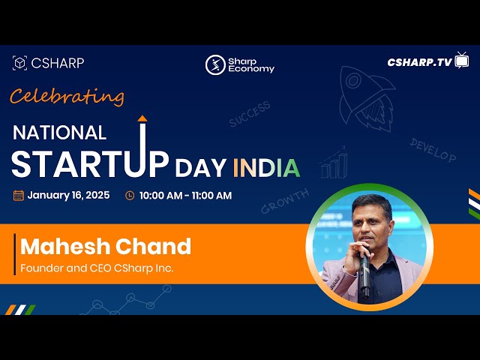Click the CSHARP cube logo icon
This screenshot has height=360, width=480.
pos(20,64)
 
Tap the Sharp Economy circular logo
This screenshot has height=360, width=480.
pos(215,64)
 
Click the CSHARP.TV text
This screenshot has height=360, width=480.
pos(419,63)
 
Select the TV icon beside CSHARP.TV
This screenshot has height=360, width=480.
pos(462,61)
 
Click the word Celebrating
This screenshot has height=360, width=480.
pos(67,97)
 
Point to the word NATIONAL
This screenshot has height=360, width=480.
pos(60,133)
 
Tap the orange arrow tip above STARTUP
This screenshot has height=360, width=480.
pos(142,118)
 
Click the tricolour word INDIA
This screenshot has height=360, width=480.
pos(266,167)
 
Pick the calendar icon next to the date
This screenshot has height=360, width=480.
pos(19,196)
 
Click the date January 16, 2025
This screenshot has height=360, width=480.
pos(68,196)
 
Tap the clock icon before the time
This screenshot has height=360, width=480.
pos(130,196)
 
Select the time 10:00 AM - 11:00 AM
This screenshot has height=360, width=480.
pos(185,196)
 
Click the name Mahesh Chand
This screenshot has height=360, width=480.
pos(106,246)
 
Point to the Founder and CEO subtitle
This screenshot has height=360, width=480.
pos(97,268)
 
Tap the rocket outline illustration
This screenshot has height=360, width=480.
pos(367,94)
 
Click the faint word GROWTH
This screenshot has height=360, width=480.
pos(285,202)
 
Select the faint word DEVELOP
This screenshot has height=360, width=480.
pos(433,149)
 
